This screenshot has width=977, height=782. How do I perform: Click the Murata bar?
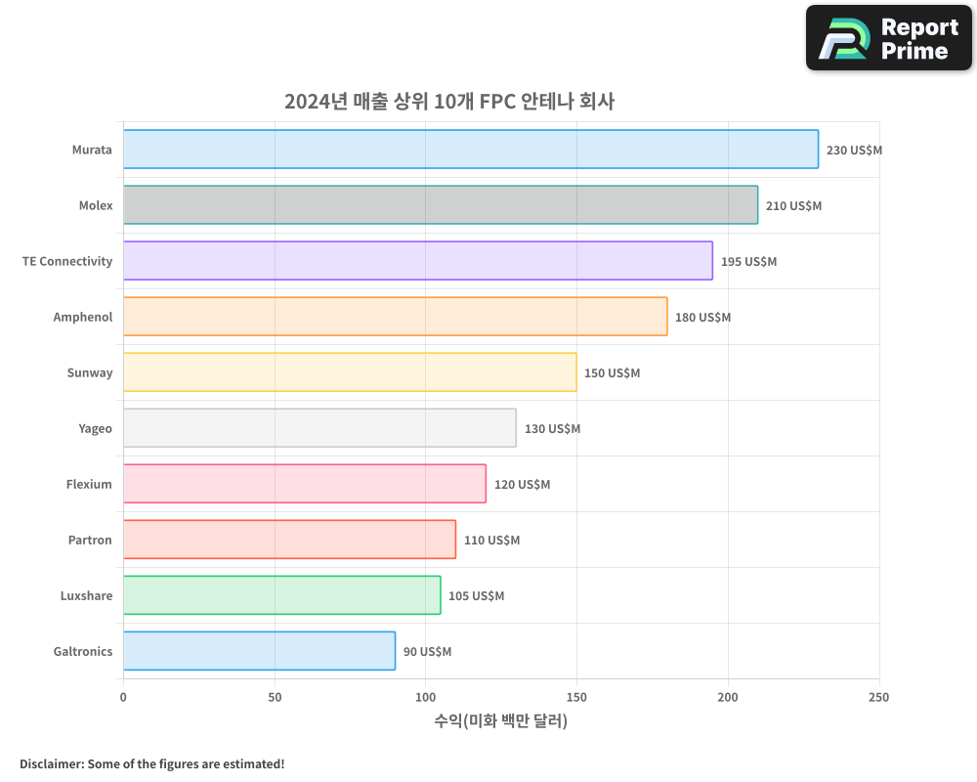coord(470,150)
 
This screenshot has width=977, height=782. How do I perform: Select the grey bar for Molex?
coord(440,205)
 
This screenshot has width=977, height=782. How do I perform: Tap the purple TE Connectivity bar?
coord(417,261)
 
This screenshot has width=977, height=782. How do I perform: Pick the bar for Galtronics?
coord(259,651)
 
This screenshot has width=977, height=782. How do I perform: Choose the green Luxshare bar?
coord(281,595)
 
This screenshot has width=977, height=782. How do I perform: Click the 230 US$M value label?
coord(854,151)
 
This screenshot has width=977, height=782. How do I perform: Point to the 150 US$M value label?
coord(612,373)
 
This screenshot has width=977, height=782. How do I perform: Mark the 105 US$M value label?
coord(476,596)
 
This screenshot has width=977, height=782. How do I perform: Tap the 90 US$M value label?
coord(427,652)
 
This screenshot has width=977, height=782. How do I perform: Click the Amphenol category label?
coord(83,317)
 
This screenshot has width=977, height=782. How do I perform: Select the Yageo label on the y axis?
coord(95,428)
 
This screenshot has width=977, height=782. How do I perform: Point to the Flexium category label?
coord(89,484)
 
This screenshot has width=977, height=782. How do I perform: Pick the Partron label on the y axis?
coord(90,540)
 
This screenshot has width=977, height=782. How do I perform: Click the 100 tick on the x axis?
coord(425,697)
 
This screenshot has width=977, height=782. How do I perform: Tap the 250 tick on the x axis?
coord(878,697)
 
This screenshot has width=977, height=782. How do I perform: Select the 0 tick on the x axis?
coord(123,697)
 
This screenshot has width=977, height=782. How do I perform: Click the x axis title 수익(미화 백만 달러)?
coord(500,721)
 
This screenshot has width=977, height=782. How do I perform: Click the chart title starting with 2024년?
coord(449,101)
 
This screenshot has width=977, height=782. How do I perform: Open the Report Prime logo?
coord(888,38)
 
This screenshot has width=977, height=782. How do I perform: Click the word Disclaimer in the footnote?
coord(50,763)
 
